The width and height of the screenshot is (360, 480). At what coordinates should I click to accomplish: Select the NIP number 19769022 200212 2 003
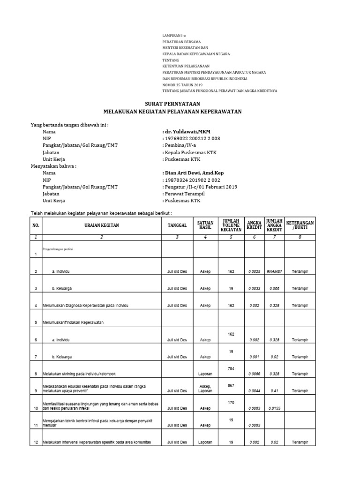tap(191, 139)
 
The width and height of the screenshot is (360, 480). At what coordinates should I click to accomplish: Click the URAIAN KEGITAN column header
tap(102, 225)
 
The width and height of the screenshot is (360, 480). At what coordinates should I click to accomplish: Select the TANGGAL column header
tap(177, 225)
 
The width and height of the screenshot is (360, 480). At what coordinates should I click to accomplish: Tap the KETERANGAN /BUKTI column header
tap(300, 225)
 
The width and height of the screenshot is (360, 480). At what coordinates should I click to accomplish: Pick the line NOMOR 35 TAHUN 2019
tap(182, 84)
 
